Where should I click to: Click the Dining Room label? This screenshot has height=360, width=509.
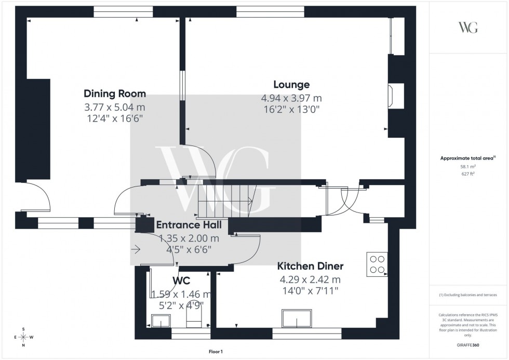pyautogui.click(x=115, y=94)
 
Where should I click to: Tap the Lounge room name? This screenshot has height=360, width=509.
pyautogui.click(x=291, y=85)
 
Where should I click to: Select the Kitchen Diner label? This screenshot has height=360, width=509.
pyautogui.click(x=310, y=266)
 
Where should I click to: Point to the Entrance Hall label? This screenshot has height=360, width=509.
pyautogui.click(x=189, y=225)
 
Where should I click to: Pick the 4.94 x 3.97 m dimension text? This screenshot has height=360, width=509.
pyautogui.click(x=291, y=98)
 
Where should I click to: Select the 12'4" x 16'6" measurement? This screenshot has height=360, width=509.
pyautogui.click(x=115, y=118)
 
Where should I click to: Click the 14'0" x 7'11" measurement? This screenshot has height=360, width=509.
pyautogui.click(x=310, y=290)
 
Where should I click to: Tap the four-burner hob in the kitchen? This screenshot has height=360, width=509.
pyautogui.click(x=377, y=263)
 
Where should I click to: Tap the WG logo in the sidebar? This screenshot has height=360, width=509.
pyautogui.click(x=468, y=28)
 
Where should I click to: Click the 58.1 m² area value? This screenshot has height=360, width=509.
pyautogui.click(x=468, y=167)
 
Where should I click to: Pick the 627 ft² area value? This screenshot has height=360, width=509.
pyautogui.click(x=468, y=175)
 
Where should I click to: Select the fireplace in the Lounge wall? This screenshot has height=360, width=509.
pyautogui.click(x=391, y=96)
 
